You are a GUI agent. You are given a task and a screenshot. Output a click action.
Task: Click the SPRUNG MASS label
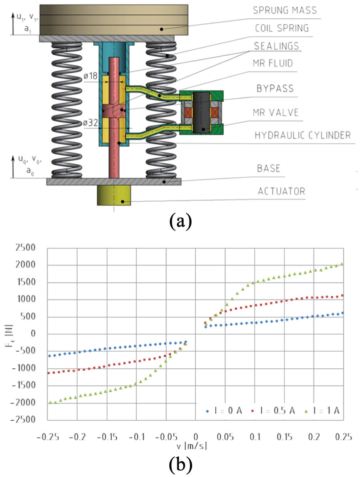pos(285,10)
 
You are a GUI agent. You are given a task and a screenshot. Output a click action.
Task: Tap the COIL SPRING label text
pos(281,28)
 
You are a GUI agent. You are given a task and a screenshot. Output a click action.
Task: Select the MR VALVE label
pos(276,112)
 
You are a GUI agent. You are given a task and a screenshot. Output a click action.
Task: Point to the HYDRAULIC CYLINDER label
pos(303,135)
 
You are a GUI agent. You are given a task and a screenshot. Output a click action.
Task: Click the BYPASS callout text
pos(275,88)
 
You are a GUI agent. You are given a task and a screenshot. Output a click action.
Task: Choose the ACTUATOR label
pos(281,191)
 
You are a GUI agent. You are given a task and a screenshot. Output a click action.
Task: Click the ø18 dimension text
pos(91,76)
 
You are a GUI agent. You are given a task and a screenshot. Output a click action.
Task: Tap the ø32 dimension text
pos(90,123)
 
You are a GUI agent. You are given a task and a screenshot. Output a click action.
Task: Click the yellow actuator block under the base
pos(114,195)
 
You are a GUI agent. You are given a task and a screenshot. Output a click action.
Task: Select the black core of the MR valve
pos(201,113)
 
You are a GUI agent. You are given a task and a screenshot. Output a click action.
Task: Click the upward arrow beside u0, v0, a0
pos(13,167)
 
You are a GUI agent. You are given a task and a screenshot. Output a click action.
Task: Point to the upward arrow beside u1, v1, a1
pos(13,24)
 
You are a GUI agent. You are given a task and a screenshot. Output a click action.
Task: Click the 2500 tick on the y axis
pos(25,247)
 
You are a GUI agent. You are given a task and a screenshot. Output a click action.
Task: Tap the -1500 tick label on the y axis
pos(23,385)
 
